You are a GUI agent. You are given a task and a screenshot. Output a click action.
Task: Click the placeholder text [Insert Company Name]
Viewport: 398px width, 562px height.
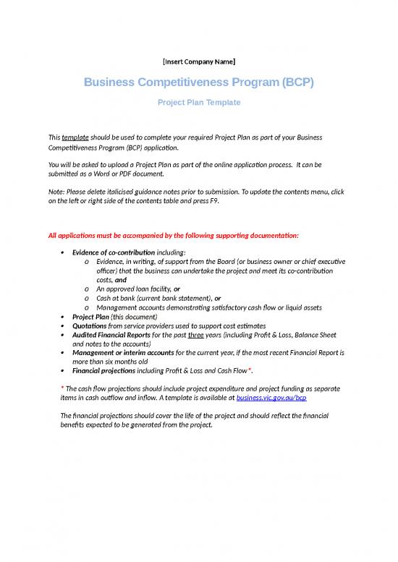tap(198, 61)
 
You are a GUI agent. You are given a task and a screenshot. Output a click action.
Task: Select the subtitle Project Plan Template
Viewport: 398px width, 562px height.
tap(199, 103)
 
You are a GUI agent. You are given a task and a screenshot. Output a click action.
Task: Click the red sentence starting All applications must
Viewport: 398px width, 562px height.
tap(173, 236)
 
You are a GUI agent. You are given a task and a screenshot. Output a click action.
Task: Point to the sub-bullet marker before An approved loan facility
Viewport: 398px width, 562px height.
tap(87, 289)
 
